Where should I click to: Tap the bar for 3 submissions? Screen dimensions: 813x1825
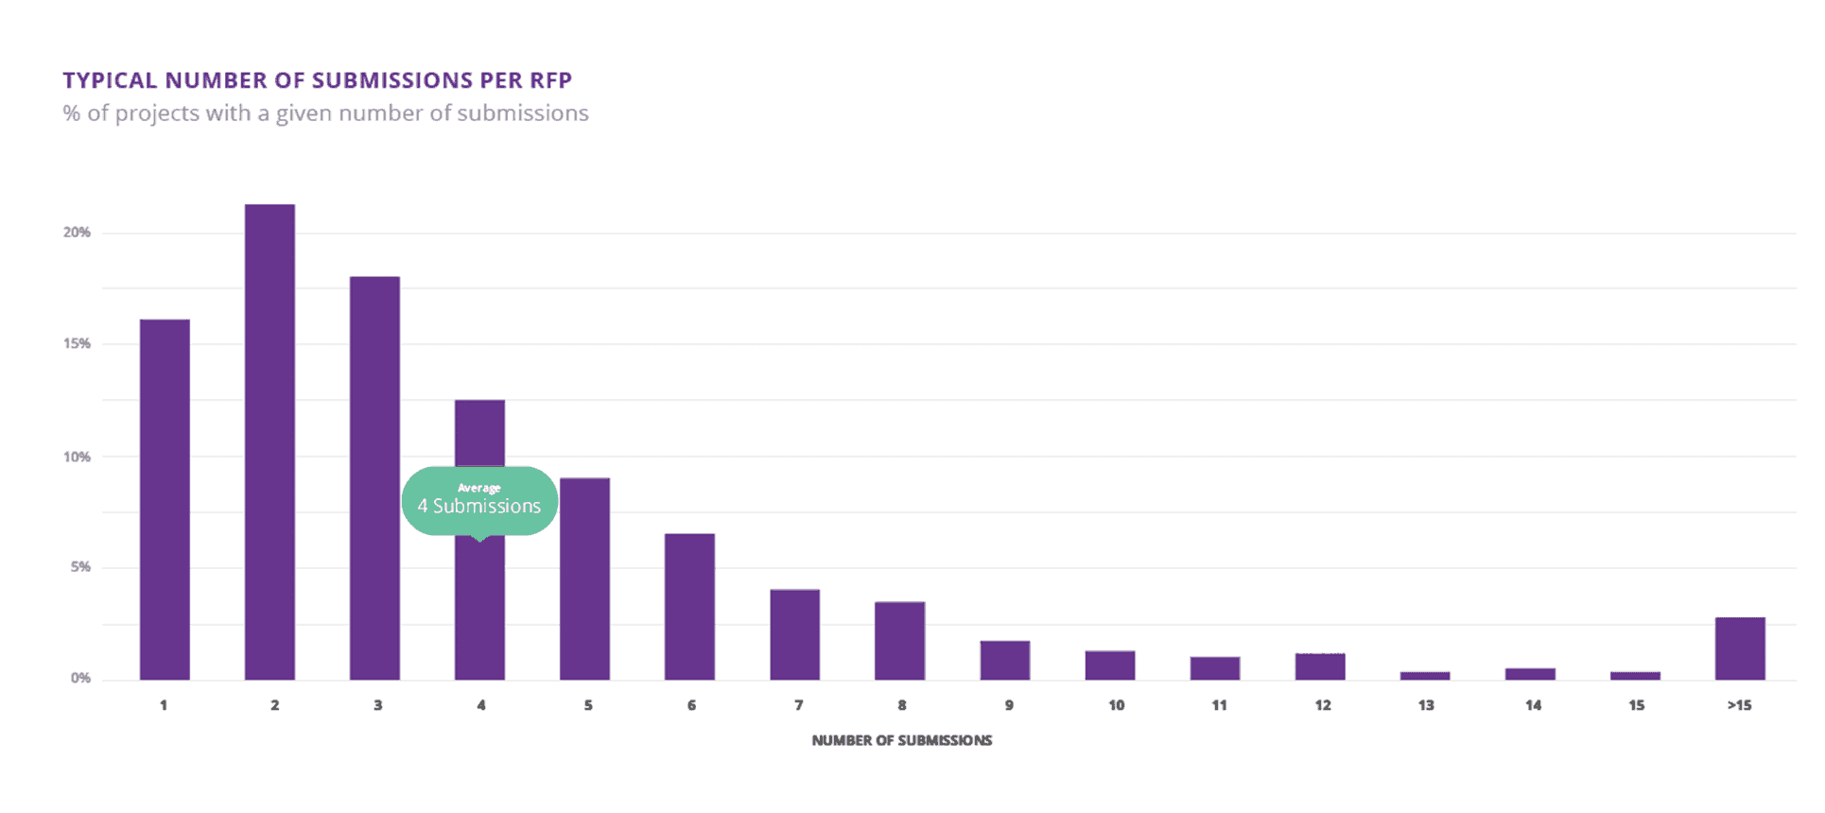point(374,477)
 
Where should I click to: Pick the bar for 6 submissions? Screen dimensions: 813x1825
point(689,607)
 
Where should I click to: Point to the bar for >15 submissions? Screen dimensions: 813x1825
point(1740,649)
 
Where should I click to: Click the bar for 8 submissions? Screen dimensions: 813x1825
point(899,641)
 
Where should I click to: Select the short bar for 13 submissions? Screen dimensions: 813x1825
point(1425,675)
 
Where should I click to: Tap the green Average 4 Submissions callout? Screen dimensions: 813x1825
point(479,500)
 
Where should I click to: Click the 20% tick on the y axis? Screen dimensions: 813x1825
point(77,233)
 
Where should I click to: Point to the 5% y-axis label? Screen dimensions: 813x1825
point(80,567)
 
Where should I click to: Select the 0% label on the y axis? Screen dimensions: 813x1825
point(80,678)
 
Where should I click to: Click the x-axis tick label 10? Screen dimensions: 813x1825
point(1116,705)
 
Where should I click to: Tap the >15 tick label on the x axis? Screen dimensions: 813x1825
point(1739,705)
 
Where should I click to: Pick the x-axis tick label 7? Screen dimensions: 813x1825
point(798,705)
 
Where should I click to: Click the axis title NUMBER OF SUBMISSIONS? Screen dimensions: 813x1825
point(901,740)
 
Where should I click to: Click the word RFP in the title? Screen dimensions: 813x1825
point(550,80)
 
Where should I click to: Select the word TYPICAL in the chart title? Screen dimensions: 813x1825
point(110,80)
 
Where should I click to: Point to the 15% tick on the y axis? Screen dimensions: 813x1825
point(77,343)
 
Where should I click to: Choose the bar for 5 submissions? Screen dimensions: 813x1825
point(584,579)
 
